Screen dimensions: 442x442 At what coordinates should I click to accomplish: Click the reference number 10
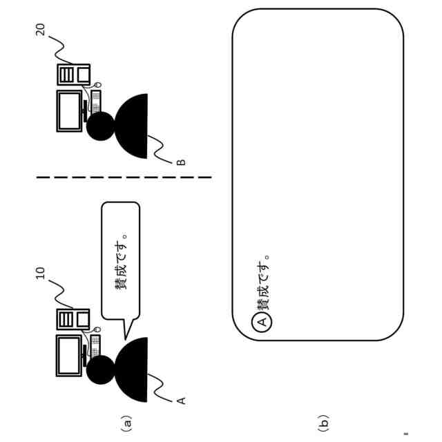40,273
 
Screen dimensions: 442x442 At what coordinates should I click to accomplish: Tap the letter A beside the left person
182,400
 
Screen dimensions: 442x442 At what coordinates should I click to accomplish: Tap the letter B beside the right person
181,162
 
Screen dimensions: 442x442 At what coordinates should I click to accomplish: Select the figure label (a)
126,420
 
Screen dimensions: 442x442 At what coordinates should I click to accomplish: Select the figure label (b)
323,420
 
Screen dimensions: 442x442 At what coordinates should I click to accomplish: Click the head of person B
101,126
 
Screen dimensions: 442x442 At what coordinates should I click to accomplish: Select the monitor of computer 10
70,356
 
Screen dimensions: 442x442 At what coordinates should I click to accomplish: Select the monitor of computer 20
70,110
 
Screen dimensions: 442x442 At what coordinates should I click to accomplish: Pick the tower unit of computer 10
73,318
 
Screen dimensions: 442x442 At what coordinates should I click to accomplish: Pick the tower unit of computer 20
73,74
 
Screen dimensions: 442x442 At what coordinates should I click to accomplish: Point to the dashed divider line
124,178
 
